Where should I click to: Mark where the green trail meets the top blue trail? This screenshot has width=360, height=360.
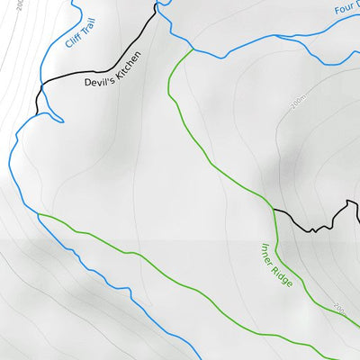pos(193,49)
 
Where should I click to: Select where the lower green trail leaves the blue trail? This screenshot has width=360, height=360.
pos(39,214)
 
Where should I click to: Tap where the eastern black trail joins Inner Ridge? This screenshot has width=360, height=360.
pos(274,209)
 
